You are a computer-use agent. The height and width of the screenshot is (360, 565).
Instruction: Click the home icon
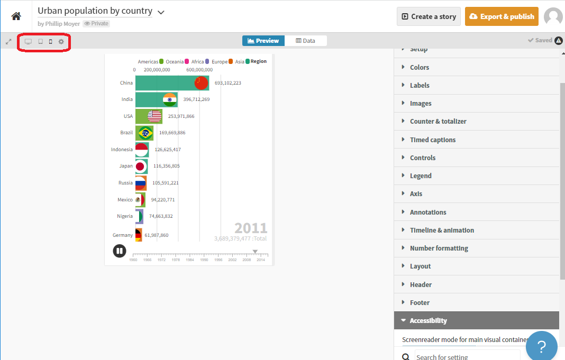pyautogui.click(x=16, y=16)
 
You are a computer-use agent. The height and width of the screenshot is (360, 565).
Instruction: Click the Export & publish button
pyautogui.click(x=502, y=16)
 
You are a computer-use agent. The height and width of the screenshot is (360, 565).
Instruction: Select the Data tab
pyautogui.click(x=305, y=41)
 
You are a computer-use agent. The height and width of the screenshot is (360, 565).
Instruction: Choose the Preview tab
pyautogui.click(x=263, y=41)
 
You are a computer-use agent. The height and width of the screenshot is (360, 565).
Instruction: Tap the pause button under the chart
pyautogui.click(x=120, y=251)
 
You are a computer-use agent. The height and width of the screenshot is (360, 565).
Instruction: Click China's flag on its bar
pyautogui.click(x=202, y=83)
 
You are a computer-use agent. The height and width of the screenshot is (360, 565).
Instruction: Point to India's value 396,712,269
pyautogui.click(x=196, y=99)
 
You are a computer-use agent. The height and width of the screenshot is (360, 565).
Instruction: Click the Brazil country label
pyautogui.click(x=126, y=133)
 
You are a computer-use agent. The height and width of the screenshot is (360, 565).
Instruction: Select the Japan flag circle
pyautogui.click(x=140, y=167)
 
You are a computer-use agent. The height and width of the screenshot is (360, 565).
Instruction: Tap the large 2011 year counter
pyautogui.click(x=251, y=228)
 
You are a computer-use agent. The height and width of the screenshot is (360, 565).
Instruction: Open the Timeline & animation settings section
pyautogui.click(x=442, y=230)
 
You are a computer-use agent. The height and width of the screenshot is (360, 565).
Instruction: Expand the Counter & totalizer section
pyautogui.click(x=438, y=121)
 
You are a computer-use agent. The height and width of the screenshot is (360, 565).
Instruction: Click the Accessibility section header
pyautogui.click(x=428, y=320)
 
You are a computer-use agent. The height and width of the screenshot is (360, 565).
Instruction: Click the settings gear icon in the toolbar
pyautogui.click(x=61, y=42)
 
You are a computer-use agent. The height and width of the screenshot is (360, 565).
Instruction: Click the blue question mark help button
pyautogui.click(x=541, y=347)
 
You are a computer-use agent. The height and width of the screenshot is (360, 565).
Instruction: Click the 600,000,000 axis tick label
pyautogui.click(x=199, y=70)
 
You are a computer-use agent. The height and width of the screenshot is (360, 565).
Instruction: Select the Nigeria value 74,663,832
pyautogui.click(x=161, y=216)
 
